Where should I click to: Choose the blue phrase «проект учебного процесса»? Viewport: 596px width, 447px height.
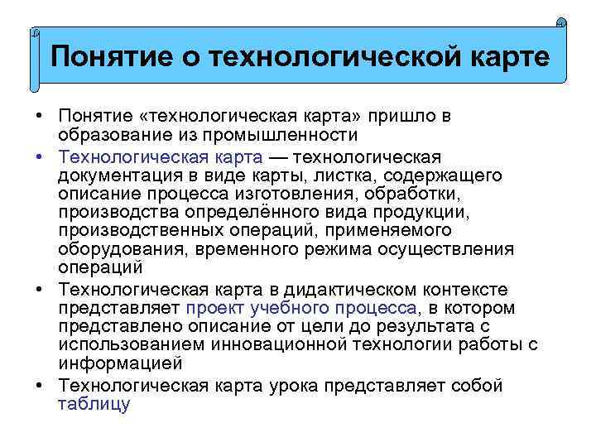coord(302,308)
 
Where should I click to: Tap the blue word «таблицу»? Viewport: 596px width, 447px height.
coord(94,404)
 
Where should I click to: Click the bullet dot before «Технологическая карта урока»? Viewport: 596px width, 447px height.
coord(41,386)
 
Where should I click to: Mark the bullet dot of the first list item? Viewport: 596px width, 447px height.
coord(41,117)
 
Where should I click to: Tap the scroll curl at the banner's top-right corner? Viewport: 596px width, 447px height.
coord(560,24)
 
